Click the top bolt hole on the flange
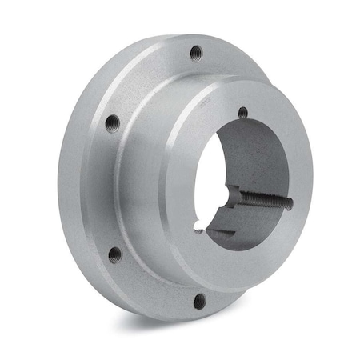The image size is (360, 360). pyautogui.click(x=195, y=53)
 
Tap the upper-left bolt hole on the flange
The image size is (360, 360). pyautogui.click(x=112, y=122)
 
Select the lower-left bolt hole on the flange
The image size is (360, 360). pyautogui.click(x=115, y=254)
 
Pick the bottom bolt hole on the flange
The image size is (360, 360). pyautogui.click(x=200, y=301)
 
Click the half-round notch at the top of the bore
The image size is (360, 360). pyautogui.click(x=243, y=113)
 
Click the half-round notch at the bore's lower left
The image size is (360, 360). pyautogui.click(x=198, y=230)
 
